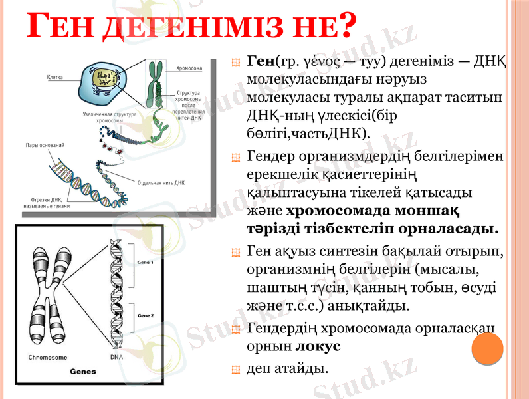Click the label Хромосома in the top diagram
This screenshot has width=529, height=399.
coord(189,68)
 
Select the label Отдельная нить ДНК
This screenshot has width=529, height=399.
coord(160,182)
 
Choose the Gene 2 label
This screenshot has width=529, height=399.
coord(144,315)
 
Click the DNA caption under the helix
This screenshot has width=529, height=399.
coord(116,357)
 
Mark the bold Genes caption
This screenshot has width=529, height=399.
coord(83,371)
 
